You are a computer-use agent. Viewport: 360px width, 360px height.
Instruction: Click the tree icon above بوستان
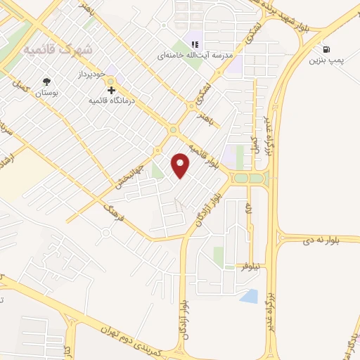tap(47, 82)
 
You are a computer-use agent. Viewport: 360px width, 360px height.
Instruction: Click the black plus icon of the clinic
tap(110, 89)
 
